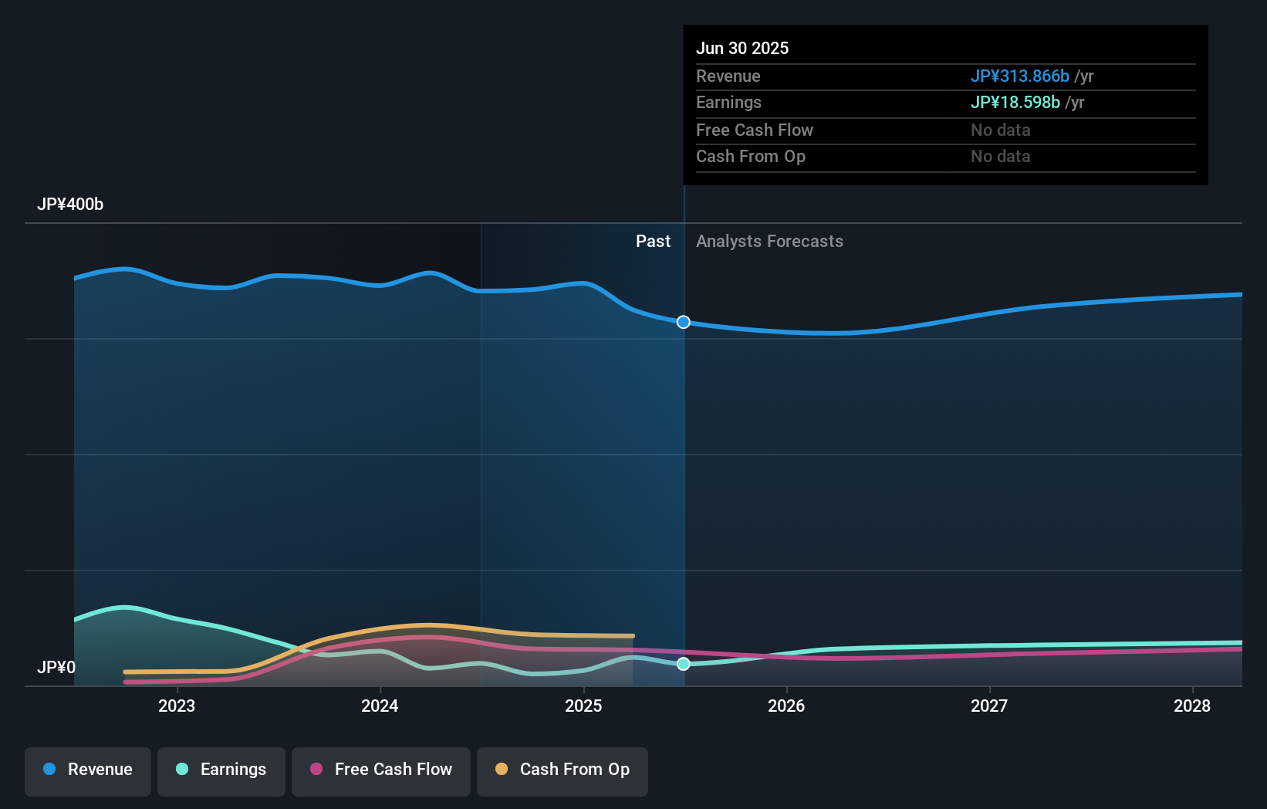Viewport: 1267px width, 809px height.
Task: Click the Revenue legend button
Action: point(88,770)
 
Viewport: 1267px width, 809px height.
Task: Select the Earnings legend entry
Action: point(221,770)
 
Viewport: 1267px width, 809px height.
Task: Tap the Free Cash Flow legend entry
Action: point(381,770)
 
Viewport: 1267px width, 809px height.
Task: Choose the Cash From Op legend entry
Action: point(563,770)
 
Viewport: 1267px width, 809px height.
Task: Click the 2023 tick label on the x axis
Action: point(177,706)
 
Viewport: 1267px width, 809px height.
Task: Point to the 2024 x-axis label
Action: point(380,706)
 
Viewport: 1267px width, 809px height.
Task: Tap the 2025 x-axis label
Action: point(583,706)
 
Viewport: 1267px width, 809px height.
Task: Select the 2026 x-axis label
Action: point(786,706)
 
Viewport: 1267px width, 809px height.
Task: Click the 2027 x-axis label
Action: point(989,706)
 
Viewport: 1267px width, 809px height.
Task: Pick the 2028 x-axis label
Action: point(1192,706)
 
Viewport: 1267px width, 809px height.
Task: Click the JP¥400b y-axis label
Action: point(70,205)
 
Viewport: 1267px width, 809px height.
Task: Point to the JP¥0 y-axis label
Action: point(56,667)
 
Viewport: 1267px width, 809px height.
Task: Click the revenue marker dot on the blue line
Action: point(684,322)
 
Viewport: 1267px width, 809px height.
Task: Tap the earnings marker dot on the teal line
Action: point(684,664)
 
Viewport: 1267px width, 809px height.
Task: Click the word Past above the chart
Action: point(653,242)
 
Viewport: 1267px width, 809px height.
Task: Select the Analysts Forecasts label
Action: point(769,242)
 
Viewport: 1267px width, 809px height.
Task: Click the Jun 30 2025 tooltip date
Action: point(742,49)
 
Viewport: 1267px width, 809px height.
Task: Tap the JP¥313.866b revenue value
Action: point(1019,76)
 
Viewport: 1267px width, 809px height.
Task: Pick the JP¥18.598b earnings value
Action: point(1015,103)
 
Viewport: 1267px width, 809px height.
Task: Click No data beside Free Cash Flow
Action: point(1000,130)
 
